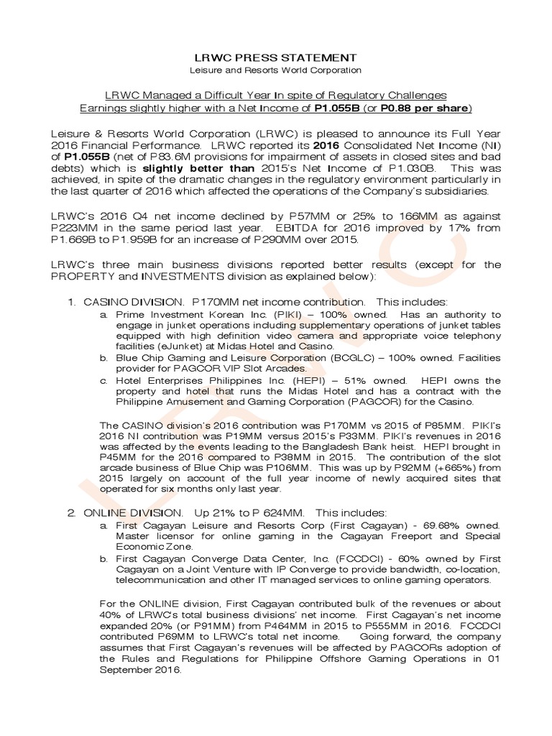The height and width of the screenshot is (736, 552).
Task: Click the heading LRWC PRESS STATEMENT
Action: [x=275, y=57]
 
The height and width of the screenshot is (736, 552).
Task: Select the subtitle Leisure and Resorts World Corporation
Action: [x=275, y=70]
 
